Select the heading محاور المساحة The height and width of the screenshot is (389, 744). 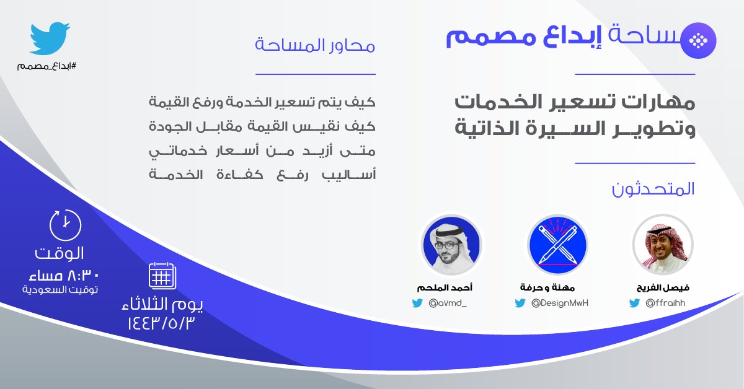coord(315,46)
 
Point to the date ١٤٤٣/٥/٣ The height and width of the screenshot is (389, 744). coord(166,323)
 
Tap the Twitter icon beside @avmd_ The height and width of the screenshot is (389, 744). coord(417,304)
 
